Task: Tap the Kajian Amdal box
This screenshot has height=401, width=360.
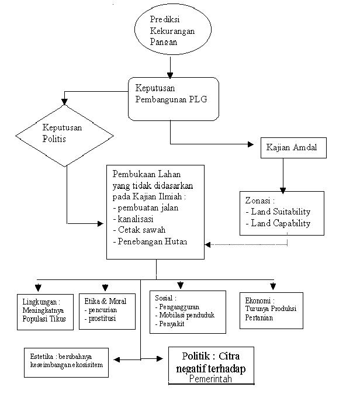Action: [293, 148]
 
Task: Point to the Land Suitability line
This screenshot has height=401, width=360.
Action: [278, 212]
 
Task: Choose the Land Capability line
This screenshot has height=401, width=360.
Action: [278, 223]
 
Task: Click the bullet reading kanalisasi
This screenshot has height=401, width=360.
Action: [133, 219]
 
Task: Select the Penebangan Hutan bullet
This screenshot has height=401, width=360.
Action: [150, 241]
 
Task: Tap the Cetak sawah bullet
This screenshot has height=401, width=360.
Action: [139, 230]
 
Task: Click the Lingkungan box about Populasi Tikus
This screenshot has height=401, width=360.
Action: [45, 312]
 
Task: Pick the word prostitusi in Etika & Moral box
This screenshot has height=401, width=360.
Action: [102, 319]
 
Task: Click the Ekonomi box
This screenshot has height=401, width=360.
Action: [271, 310]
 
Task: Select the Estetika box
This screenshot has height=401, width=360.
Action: [66, 362]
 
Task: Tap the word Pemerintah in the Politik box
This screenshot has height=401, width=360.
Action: [210, 379]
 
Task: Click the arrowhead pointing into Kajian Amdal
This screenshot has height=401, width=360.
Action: [251, 144]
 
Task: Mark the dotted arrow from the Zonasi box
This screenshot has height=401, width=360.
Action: [247, 244]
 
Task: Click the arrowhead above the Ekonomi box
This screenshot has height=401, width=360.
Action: [273, 286]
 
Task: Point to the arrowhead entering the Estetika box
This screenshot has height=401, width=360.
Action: [117, 360]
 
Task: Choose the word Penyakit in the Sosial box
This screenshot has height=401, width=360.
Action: [172, 324]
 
